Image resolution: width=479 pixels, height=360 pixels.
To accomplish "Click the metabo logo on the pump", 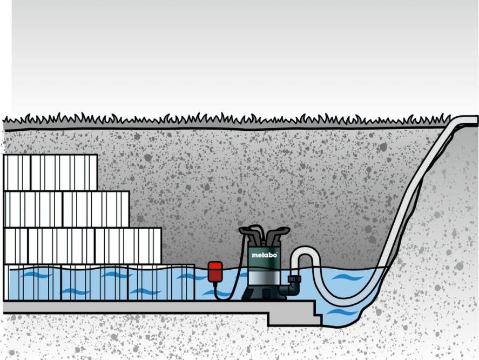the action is coord(265,255).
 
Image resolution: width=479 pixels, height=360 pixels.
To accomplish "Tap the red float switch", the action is coord(215,271).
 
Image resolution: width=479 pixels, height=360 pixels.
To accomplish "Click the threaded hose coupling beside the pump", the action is coord(294,279).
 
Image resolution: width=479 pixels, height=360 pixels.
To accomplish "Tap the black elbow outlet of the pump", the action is coord(293,289).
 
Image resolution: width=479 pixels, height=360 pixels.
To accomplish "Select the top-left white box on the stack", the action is coord(17,173).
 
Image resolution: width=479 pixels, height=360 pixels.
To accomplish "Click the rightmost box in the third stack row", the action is coord(129,246).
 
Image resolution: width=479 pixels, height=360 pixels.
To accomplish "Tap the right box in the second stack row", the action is coord(96,210).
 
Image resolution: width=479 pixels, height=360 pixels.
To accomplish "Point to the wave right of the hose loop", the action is coord(349,277).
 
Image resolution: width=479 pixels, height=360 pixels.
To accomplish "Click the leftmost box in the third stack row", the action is coord(16,246).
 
